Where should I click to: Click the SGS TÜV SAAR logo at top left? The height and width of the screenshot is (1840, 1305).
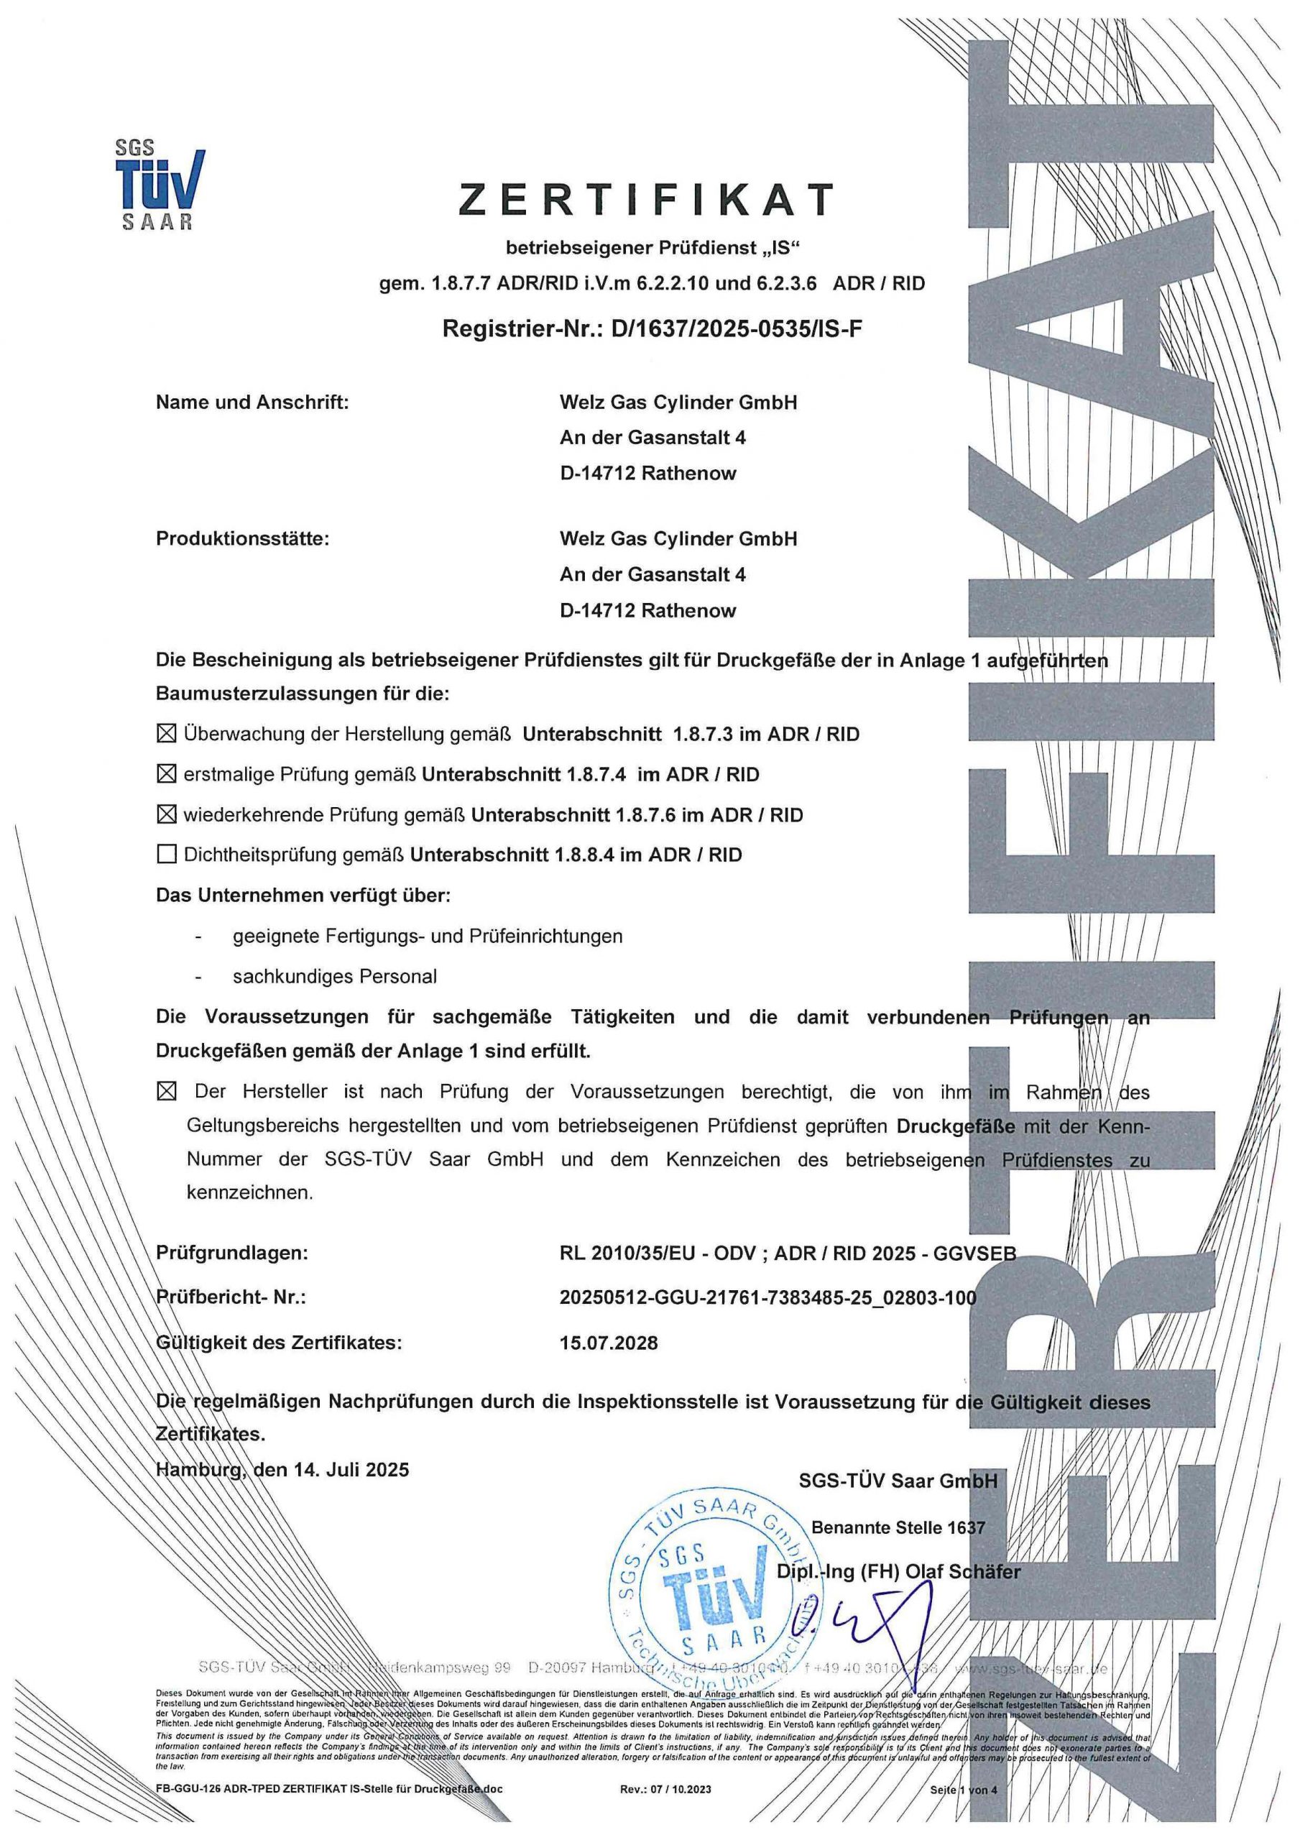click(x=158, y=185)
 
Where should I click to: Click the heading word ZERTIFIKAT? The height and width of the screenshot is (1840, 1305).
click(x=647, y=199)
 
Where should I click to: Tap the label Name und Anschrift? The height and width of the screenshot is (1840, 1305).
click(x=252, y=402)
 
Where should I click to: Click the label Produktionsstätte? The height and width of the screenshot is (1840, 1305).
click(x=243, y=539)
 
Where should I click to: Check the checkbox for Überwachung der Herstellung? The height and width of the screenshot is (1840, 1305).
click(x=165, y=734)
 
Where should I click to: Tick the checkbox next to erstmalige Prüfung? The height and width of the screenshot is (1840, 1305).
click(x=165, y=775)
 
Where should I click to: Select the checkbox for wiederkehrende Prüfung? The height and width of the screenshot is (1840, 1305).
click(x=165, y=815)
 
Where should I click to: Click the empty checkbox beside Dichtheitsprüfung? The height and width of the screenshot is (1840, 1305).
click(x=166, y=854)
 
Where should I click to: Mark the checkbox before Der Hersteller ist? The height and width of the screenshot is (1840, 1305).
click(x=166, y=1092)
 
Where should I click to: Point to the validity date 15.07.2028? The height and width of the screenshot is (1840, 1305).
click(x=608, y=1343)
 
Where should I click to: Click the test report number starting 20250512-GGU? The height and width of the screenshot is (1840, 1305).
click(x=767, y=1297)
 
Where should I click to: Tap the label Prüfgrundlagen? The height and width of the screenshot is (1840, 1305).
click(x=231, y=1253)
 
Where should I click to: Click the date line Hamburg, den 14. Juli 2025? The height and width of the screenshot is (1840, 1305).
click(x=282, y=1470)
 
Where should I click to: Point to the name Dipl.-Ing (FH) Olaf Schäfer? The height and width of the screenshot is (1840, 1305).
click(x=898, y=1573)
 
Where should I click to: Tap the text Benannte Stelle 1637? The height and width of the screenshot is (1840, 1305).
click(x=898, y=1527)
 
